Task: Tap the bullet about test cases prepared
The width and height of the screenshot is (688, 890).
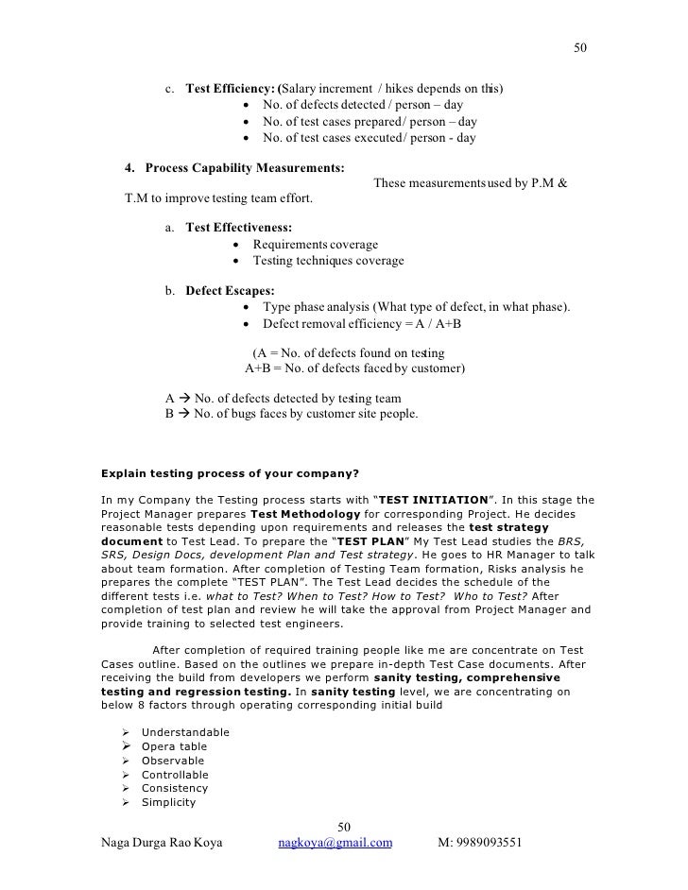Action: pyautogui.click(x=370, y=122)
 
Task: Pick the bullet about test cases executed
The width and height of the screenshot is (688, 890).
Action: pyautogui.click(x=370, y=138)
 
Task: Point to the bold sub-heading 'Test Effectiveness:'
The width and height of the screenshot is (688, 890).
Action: pyautogui.click(x=239, y=229)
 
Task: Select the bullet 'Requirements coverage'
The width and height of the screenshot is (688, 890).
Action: pyautogui.click(x=315, y=245)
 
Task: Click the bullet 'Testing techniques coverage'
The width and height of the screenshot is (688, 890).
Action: pyautogui.click(x=328, y=261)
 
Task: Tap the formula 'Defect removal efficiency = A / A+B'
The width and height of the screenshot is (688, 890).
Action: pyautogui.click(x=362, y=323)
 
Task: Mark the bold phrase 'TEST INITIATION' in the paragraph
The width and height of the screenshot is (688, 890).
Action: pyautogui.click(x=438, y=499)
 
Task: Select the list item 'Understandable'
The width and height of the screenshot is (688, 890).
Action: pyautogui.click(x=185, y=733)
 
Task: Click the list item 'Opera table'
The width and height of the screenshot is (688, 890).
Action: pyautogui.click(x=174, y=747)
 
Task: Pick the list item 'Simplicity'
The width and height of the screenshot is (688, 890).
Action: pyautogui.click(x=168, y=803)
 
